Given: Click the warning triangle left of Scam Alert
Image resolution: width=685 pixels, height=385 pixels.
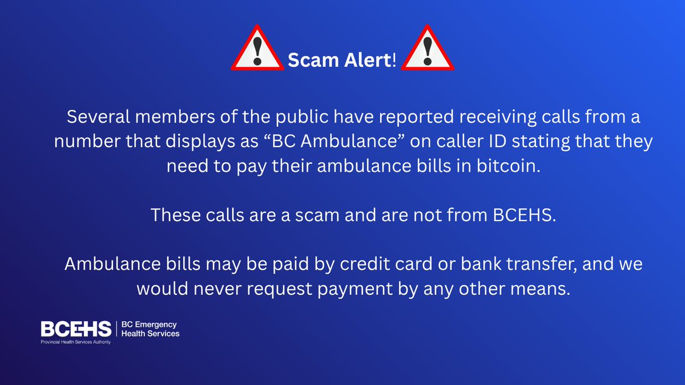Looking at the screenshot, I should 257,50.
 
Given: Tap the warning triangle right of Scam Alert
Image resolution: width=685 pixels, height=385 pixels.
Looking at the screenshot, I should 428,50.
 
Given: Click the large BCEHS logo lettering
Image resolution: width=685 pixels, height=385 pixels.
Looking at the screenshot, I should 76,329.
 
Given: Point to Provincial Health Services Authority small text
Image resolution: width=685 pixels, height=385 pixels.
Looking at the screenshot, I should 75,342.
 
